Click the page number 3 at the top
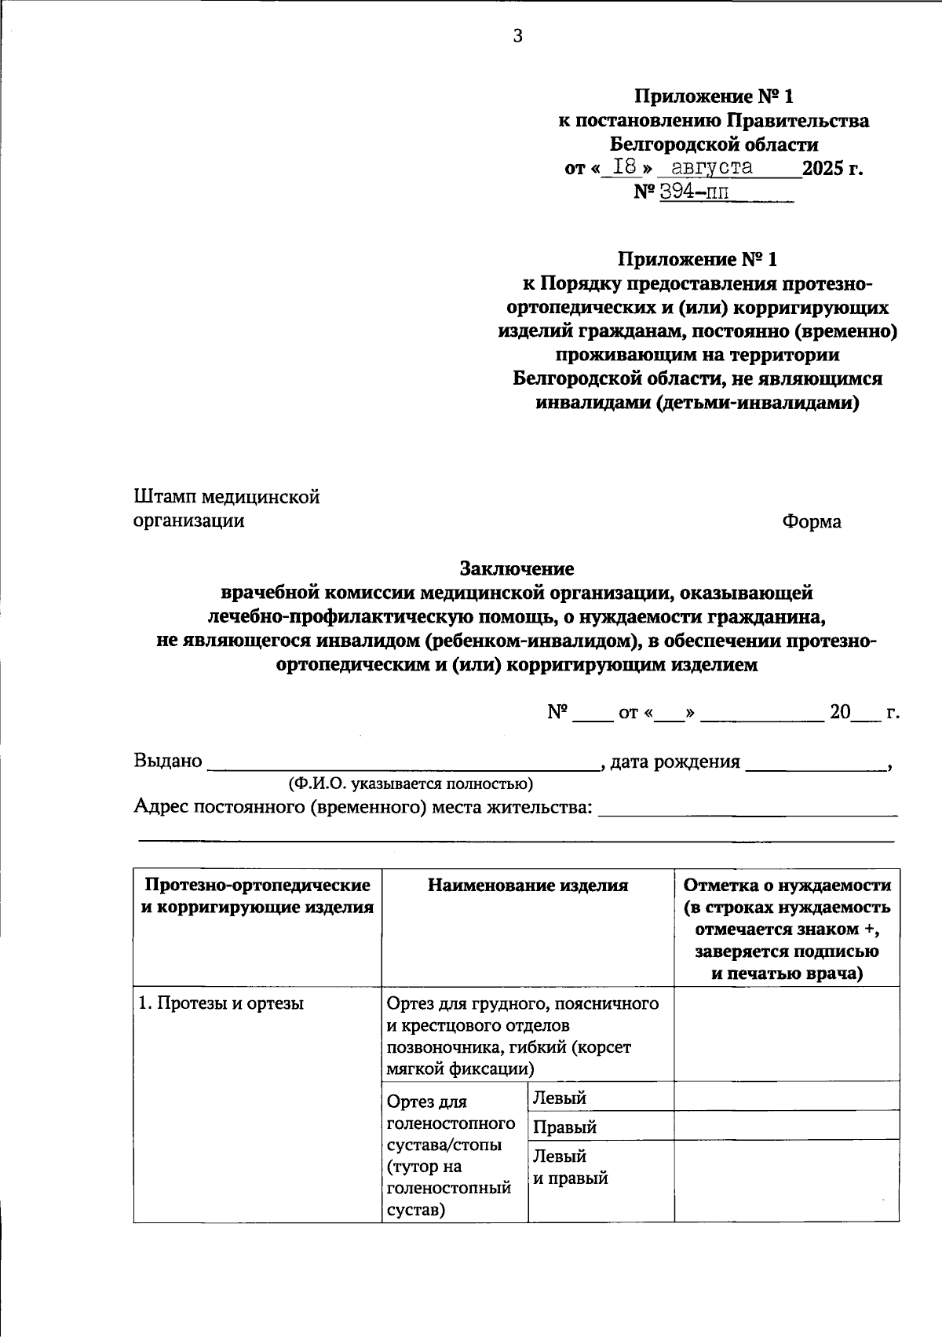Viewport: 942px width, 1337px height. click(517, 35)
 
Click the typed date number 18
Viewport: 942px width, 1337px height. click(624, 166)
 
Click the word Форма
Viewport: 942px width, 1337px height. click(812, 521)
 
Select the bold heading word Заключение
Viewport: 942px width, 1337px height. click(517, 568)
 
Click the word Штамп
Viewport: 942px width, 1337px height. click(165, 497)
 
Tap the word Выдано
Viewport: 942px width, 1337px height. click(168, 761)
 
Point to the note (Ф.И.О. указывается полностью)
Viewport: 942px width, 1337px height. click(411, 784)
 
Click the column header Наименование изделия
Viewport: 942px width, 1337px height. click(528, 886)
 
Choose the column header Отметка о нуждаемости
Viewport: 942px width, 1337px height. click(787, 886)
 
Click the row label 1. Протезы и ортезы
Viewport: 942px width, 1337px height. click(221, 1003)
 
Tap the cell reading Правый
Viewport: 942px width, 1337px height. click(565, 1127)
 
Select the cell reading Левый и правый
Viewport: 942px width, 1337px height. click(571, 1167)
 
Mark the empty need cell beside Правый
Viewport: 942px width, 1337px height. click(787, 1126)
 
